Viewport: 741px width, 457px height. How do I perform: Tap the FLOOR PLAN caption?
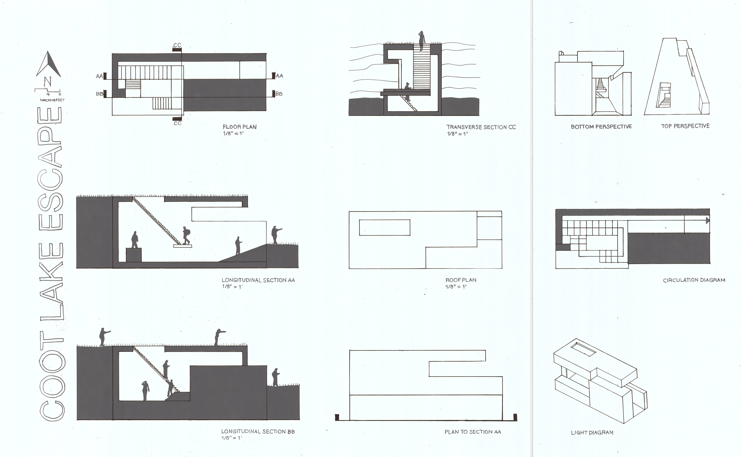[x=239, y=127]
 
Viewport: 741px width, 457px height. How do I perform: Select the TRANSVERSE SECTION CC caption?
[x=481, y=127]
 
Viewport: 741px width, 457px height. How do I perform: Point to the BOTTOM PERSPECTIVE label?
[x=601, y=127]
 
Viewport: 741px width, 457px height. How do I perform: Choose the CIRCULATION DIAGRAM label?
[x=694, y=280]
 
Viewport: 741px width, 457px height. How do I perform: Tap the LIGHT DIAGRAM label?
[x=592, y=433]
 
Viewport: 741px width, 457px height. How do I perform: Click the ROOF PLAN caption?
[x=461, y=280]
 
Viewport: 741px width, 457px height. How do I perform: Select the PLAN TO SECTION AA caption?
[x=473, y=432]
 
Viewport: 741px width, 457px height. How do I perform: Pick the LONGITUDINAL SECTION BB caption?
[x=258, y=432]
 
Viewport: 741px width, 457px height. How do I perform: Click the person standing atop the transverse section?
[x=421, y=41]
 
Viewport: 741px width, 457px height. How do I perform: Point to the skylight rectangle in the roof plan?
[x=384, y=227]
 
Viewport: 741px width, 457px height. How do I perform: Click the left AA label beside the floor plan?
[x=99, y=76]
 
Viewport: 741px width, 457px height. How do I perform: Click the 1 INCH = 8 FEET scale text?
[x=52, y=100]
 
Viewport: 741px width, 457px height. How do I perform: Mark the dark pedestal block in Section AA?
[x=133, y=255]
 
